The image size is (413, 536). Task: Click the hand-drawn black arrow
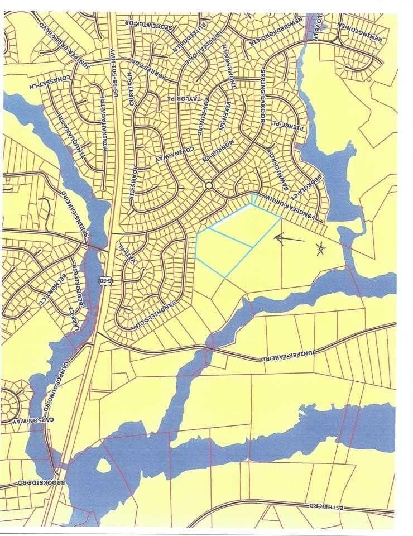[x=289, y=239]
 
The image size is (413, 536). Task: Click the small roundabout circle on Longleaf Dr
[x=209, y=186]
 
